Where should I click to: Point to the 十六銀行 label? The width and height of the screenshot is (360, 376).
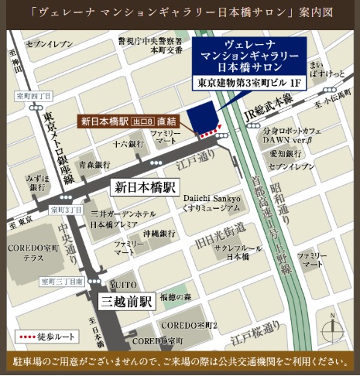[129, 145]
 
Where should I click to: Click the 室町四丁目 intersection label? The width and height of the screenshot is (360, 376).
[33, 96]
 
